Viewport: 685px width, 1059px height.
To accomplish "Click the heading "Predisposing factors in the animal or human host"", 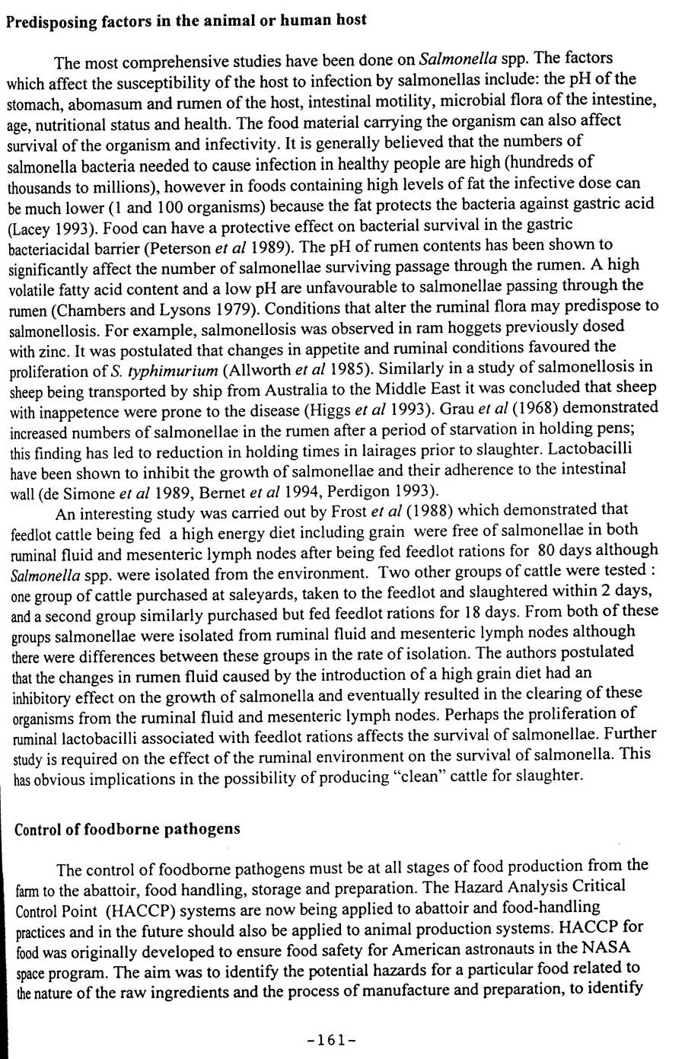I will (x=186, y=21).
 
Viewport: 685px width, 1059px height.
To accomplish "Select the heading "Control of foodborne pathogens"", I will (x=127, y=829).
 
